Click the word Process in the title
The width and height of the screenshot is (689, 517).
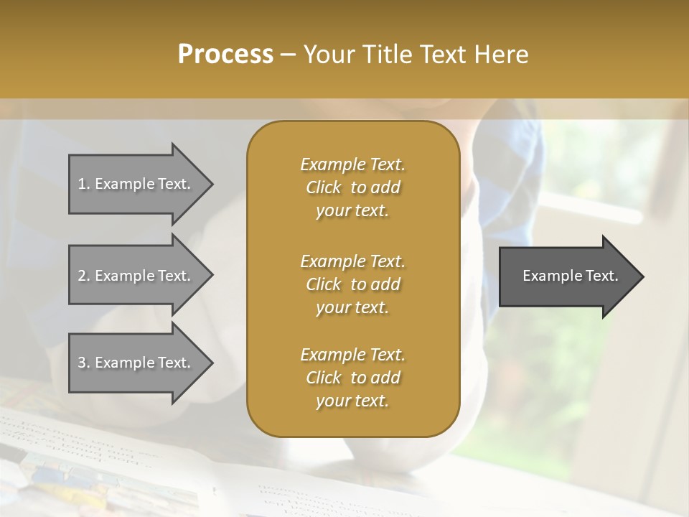[225, 55]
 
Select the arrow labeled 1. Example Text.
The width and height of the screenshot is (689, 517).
[136, 184]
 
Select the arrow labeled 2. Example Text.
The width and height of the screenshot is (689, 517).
[136, 276]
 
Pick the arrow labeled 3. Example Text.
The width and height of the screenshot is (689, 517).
[136, 363]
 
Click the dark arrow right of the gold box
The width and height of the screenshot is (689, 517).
[567, 276]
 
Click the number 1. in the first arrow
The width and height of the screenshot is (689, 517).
[83, 184]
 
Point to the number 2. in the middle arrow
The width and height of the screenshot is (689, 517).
[83, 276]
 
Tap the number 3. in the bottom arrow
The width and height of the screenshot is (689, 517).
[83, 363]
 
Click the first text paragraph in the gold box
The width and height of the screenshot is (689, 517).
[352, 187]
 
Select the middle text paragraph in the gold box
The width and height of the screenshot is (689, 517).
[352, 284]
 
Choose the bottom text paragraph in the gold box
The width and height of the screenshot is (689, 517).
[352, 378]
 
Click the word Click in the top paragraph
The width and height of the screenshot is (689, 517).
[324, 187]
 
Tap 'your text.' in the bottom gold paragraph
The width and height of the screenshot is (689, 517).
[352, 401]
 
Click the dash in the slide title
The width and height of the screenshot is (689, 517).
[289, 55]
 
